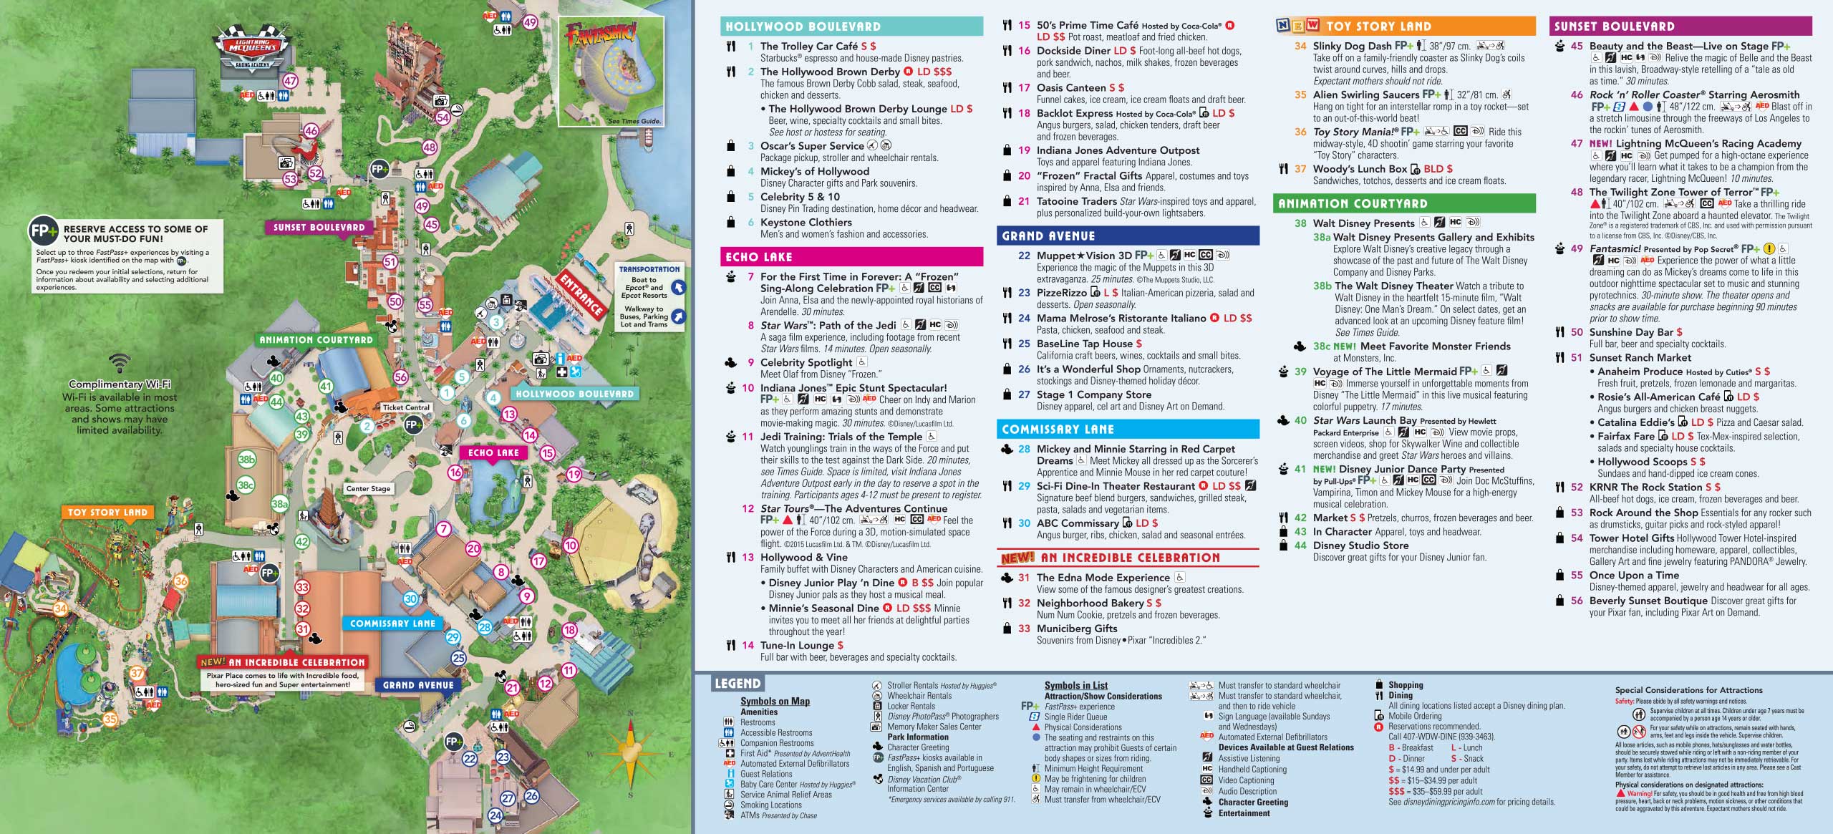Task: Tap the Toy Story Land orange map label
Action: (x=107, y=513)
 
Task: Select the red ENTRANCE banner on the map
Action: (x=581, y=296)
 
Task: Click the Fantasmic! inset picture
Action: (x=611, y=72)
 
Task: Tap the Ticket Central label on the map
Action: (x=406, y=407)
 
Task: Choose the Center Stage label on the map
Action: (x=368, y=489)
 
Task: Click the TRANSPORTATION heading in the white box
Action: (x=649, y=269)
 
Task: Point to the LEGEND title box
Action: (x=737, y=684)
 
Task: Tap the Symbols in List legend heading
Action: (x=1075, y=686)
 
